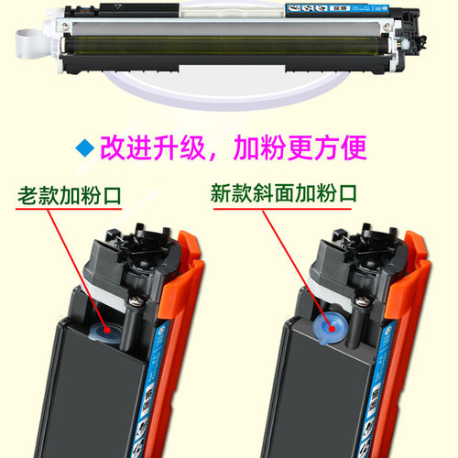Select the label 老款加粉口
click(70, 195)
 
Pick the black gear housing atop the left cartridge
click(128, 256)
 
